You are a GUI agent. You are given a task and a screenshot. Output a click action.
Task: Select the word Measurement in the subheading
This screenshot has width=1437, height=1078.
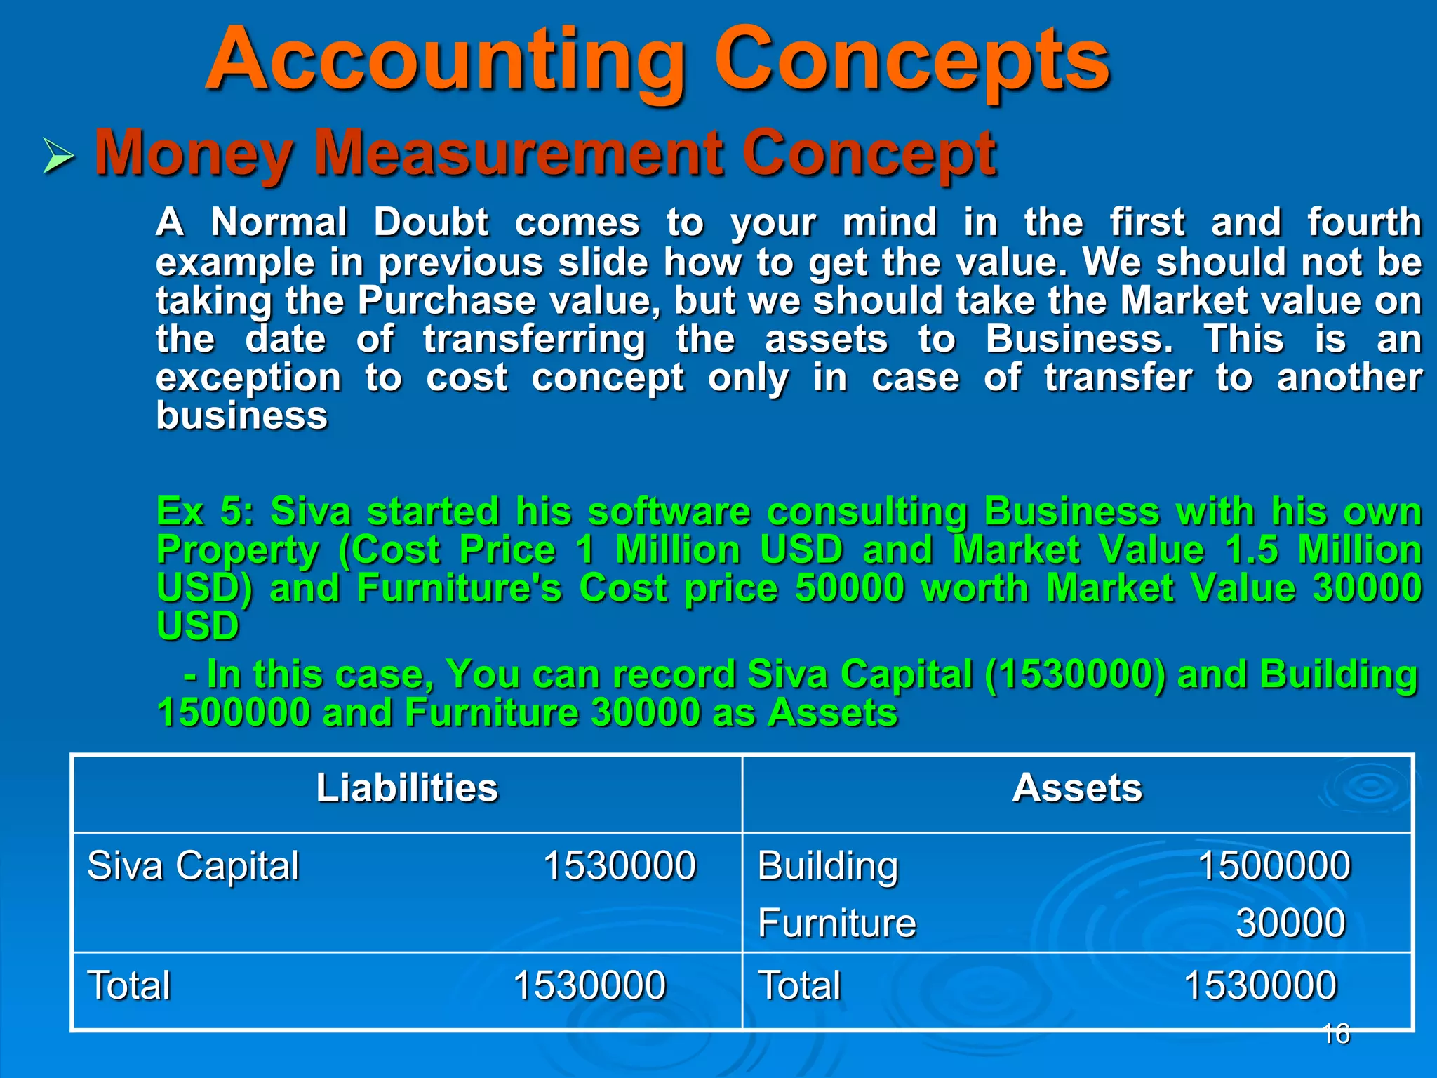519,152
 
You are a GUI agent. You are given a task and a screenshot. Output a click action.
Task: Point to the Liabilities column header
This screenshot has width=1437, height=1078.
407,787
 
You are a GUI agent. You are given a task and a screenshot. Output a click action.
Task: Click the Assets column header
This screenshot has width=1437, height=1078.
1077,787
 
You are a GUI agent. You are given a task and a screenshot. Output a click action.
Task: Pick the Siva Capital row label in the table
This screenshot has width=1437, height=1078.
193,865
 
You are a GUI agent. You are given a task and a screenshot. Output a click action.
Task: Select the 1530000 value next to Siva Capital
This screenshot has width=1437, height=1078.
619,865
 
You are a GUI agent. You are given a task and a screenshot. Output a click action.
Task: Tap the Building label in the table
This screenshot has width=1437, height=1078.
828,866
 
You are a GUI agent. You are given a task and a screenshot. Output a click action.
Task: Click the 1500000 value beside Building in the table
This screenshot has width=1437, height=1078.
1274,865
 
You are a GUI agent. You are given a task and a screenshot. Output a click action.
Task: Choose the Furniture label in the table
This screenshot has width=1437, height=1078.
837,923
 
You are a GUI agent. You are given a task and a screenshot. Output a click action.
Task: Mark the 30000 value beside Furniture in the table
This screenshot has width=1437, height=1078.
1290,923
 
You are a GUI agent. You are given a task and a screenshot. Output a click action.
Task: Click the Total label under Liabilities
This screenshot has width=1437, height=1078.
129,985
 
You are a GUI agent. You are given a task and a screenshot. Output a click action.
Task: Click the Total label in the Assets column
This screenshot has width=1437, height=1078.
800,985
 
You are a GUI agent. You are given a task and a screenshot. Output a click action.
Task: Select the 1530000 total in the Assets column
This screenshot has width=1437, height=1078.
1260,985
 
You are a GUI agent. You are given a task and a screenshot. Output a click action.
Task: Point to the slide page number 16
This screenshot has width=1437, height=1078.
1336,1034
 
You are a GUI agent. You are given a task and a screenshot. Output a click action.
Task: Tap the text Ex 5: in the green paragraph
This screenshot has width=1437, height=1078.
204,511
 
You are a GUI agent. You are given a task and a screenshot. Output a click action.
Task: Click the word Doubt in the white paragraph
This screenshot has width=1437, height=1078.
430,223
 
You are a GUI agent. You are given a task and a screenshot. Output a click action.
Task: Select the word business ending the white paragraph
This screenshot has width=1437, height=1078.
241,415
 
